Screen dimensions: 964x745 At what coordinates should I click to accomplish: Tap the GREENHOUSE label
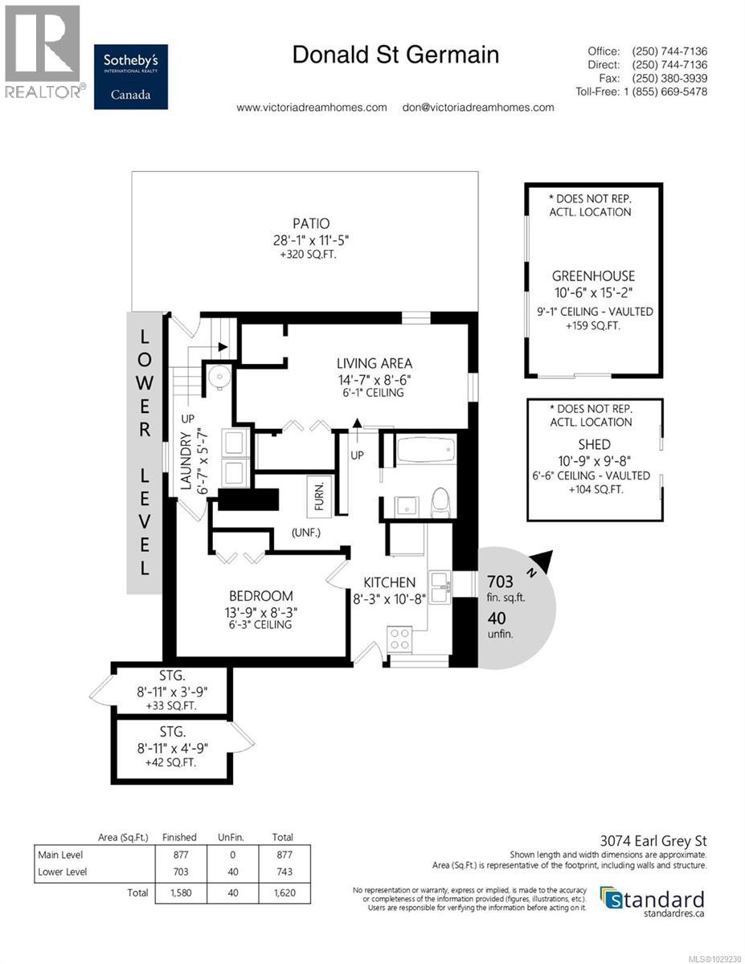click(592, 276)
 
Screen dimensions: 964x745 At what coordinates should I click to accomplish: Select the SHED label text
click(593, 444)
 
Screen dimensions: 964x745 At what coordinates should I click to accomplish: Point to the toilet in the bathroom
click(440, 502)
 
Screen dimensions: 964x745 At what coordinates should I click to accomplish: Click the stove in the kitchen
click(400, 639)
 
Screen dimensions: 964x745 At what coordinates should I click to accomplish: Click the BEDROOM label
click(260, 596)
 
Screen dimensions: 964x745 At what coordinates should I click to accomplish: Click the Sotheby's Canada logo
click(130, 76)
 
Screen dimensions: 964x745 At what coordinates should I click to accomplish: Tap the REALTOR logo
click(42, 52)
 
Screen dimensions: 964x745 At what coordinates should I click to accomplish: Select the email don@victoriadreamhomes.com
click(477, 107)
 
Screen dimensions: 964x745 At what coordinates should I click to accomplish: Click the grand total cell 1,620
click(282, 893)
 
